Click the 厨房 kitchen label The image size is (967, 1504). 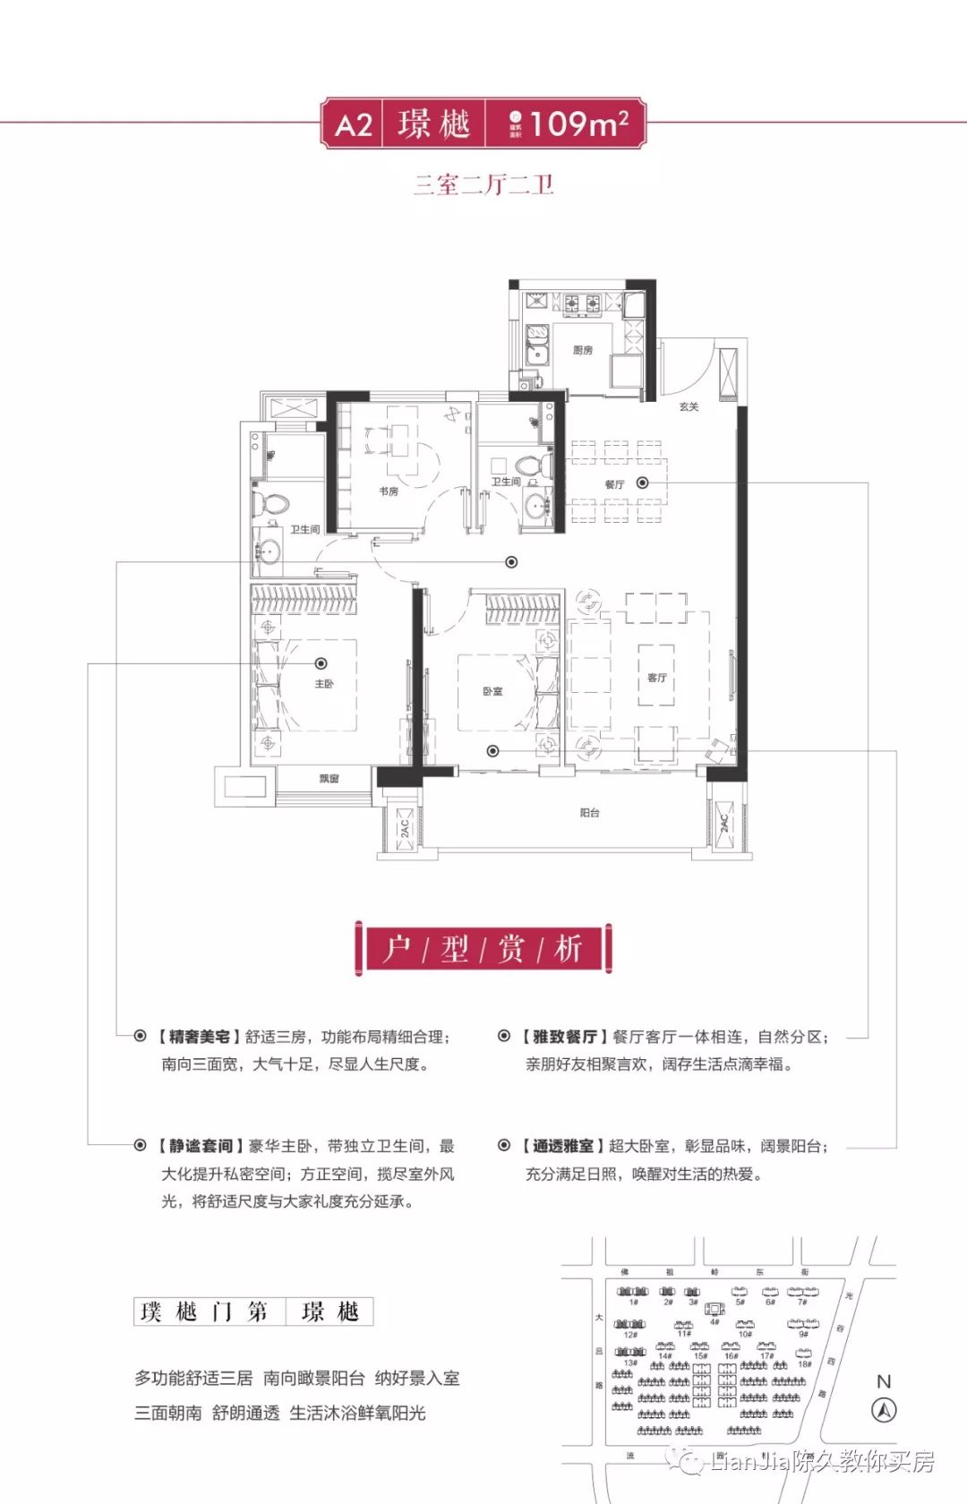click(583, 350)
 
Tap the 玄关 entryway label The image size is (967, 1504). click(689, 406)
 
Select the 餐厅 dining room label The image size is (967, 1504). click(614, 484)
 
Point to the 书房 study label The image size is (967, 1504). click(389, 491)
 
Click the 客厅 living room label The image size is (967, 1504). click(657, 678)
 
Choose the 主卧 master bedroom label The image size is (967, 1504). click(324, 684)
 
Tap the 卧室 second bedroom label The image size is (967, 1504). click(492, 691)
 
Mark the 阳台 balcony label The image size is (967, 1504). click(589, 813)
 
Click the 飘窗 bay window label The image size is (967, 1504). click(329, 779)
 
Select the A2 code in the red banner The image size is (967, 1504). click(354, 124)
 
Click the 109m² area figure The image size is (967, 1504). click(578, 124)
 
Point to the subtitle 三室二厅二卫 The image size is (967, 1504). click(483, 185)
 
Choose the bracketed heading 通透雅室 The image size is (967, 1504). click(563, 1146)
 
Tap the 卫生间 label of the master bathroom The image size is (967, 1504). click(304, 530)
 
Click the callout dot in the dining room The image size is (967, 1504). click(643, 483)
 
